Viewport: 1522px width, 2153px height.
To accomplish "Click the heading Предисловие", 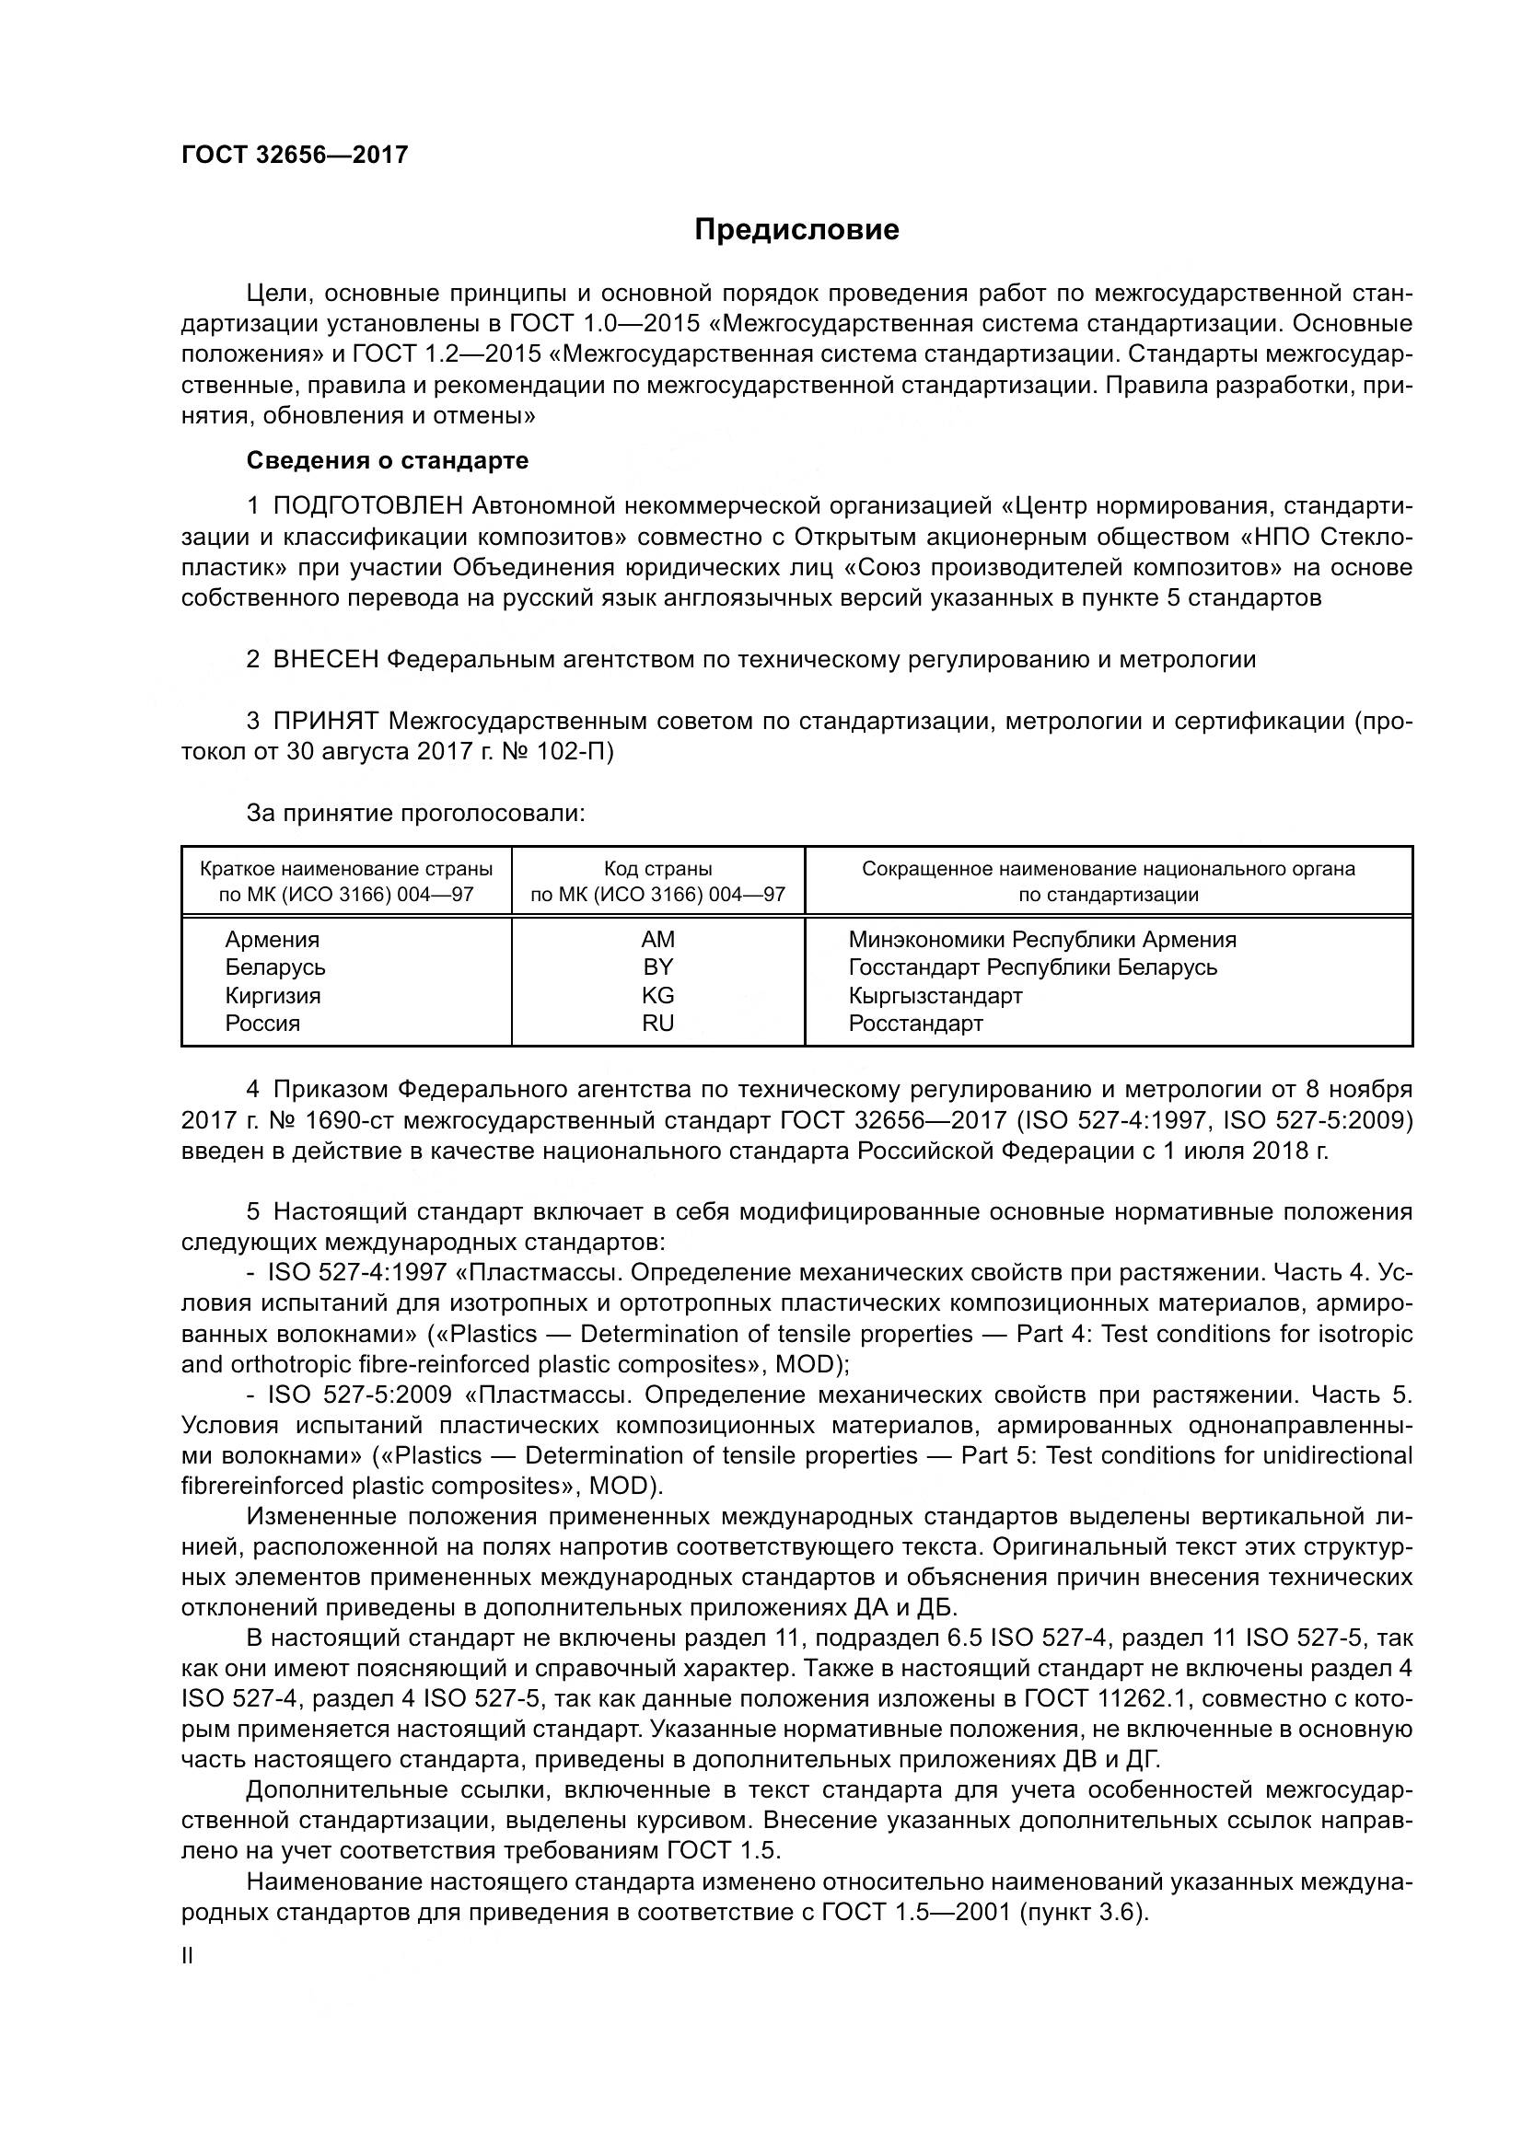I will (x=796, y=230).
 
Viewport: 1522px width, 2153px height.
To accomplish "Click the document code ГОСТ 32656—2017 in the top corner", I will (x=295, y=155).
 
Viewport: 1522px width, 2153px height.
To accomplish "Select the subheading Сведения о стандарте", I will (x=388, y=460).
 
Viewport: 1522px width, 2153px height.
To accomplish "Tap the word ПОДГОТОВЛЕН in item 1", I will (x=367, y=506).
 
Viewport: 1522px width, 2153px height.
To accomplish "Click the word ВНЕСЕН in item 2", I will (x=325, y=659).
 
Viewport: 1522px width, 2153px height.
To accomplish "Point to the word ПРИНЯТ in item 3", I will (x=325, y=721).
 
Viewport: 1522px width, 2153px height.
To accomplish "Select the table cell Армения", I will (x=272, y=940).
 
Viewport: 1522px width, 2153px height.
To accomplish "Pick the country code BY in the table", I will (x=657, y=967).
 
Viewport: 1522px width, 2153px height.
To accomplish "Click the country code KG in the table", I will (x=657, y=995).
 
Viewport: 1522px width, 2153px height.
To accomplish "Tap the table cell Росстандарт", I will (x=915, y=1023).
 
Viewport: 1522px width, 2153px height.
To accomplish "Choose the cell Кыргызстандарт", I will (x=935, y=995).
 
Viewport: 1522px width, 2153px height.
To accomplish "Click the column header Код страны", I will (x=657, y=869).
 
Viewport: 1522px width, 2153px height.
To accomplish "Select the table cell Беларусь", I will (x=274, y=967).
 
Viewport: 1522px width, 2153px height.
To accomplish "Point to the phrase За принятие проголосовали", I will (x=415, y=813).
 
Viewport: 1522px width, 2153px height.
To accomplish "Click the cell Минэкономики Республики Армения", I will (x=1042, y=940).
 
